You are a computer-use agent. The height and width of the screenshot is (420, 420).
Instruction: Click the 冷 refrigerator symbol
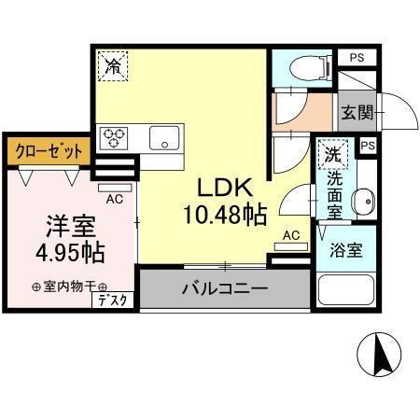pyautogui.click(x=114, y=67)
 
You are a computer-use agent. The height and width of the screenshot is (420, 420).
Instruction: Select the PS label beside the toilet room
pyautogui.click(x=357, y=58)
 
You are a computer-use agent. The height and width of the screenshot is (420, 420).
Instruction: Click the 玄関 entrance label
pyautogui.click(x=357, y=113)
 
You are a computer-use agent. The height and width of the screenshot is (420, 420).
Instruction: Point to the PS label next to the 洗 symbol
pyautogui.click(x=367, y=146)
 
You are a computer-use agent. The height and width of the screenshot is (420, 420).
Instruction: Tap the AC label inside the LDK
pyautogui.click(x=290, y=235)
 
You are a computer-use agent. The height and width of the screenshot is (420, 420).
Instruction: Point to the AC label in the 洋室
pyautogui.click(x=115, y=199)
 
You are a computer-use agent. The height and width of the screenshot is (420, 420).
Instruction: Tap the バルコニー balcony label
pyautogui.click(x=224, y=288)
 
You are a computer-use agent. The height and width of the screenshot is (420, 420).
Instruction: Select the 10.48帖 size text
pyautogui.click(x=226, y=216)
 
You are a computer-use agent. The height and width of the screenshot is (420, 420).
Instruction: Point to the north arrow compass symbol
pyautogui.click(x=381, y=354)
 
